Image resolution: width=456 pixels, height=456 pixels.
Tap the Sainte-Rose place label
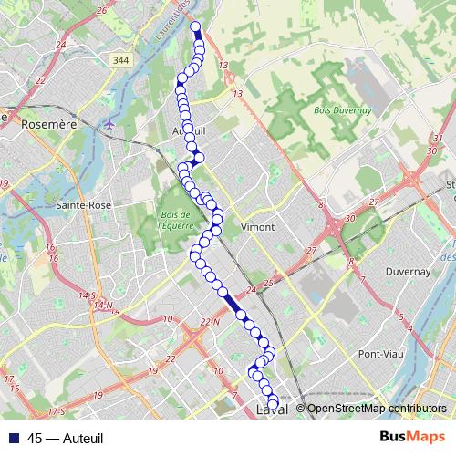(x=84, y=205)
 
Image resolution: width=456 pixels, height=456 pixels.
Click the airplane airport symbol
(x=110, y=123)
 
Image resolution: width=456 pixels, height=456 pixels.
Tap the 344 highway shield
(x=120, y=59)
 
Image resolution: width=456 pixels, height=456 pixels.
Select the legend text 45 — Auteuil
(x=65, y=438)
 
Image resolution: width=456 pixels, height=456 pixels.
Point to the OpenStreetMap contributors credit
(x=377, y=409)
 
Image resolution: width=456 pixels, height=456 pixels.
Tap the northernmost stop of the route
(x=195, y=26)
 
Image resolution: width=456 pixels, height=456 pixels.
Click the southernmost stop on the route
(x=273, y=404)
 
